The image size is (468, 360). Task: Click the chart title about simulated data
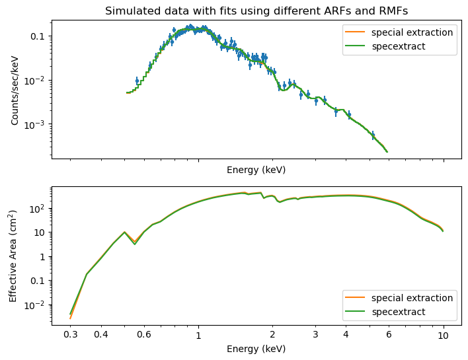coord(256,11)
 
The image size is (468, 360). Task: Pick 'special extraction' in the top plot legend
coord(412,32)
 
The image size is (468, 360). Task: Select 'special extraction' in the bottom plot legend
coord(412,297)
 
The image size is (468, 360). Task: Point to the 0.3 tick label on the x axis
coord(70,335)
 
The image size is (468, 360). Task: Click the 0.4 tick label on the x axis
coord(100,335)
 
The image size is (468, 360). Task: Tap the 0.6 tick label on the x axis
coord(143,335)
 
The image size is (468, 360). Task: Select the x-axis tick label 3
coord(315,335)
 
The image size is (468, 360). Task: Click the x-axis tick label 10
coord(443,335)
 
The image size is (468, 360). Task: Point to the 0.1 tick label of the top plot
coord(37,36)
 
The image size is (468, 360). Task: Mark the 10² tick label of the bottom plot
coord(37,208)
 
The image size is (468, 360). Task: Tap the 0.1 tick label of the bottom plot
coord(37,281)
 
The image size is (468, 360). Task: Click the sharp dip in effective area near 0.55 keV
coord(135,244)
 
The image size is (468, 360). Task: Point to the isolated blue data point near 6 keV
coord(373,135)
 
